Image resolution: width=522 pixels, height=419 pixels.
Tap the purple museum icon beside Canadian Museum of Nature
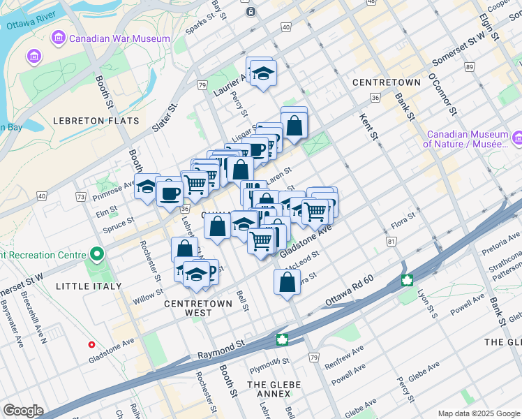(x=516, y=139)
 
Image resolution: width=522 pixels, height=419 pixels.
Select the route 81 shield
(x=391, y=241)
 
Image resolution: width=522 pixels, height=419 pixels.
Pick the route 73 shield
(x=81, y=199)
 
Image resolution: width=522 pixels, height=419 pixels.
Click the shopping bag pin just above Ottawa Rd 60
(x=288, y=282)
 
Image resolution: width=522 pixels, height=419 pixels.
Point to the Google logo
(x=23, y=411)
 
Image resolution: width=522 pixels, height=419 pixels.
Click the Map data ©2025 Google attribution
(x=477, y=413)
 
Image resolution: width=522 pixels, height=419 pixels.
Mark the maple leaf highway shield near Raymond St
(x=283, y=340)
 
